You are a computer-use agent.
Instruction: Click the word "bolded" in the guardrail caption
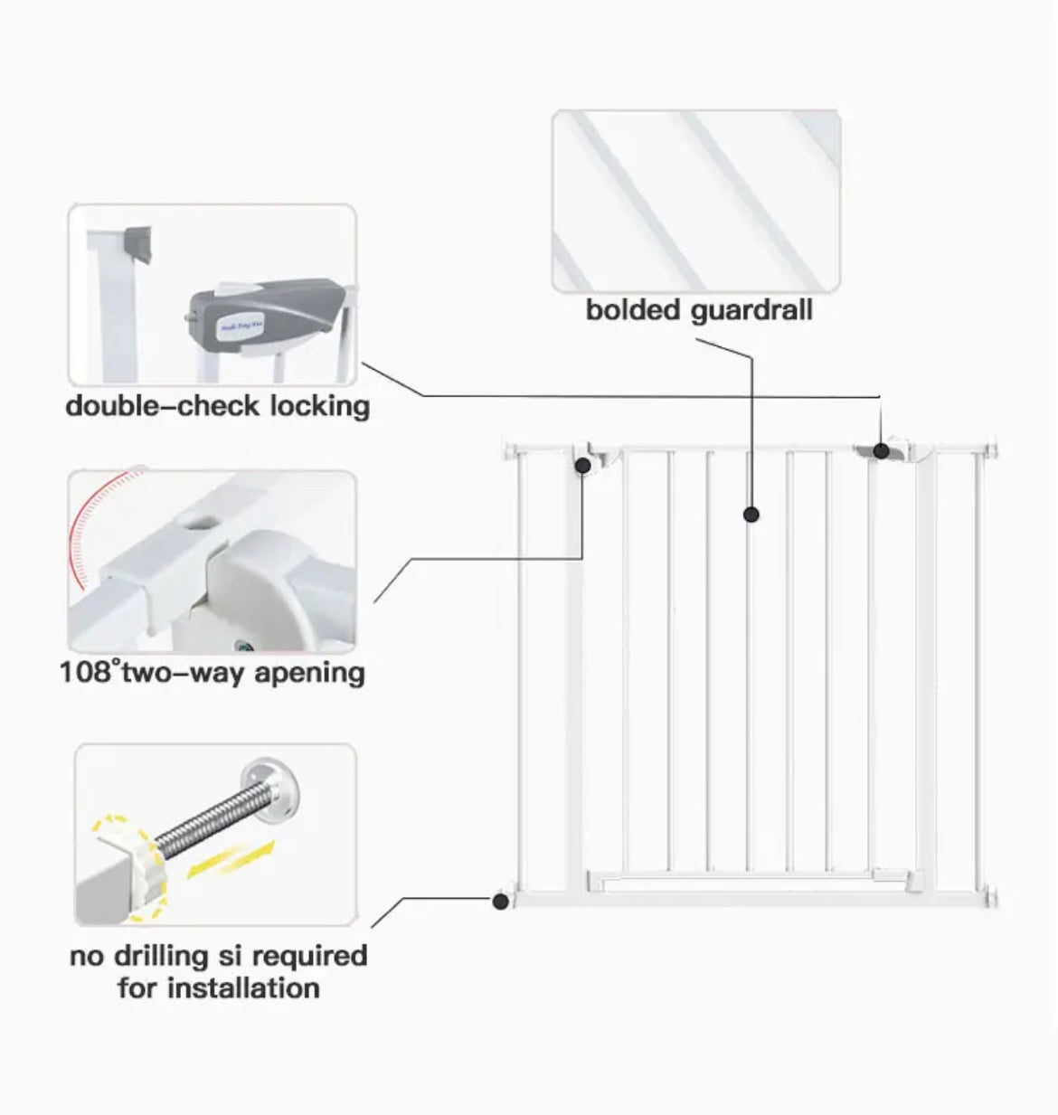click(633, 310)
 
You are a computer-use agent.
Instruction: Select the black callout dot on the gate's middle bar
click(751, 515)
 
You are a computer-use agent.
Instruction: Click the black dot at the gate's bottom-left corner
click(499, 901)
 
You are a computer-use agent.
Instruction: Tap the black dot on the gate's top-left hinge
click(584, 465)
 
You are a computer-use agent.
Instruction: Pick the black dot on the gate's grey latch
click(881, 450)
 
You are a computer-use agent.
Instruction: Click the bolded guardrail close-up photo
click(696, 200)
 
